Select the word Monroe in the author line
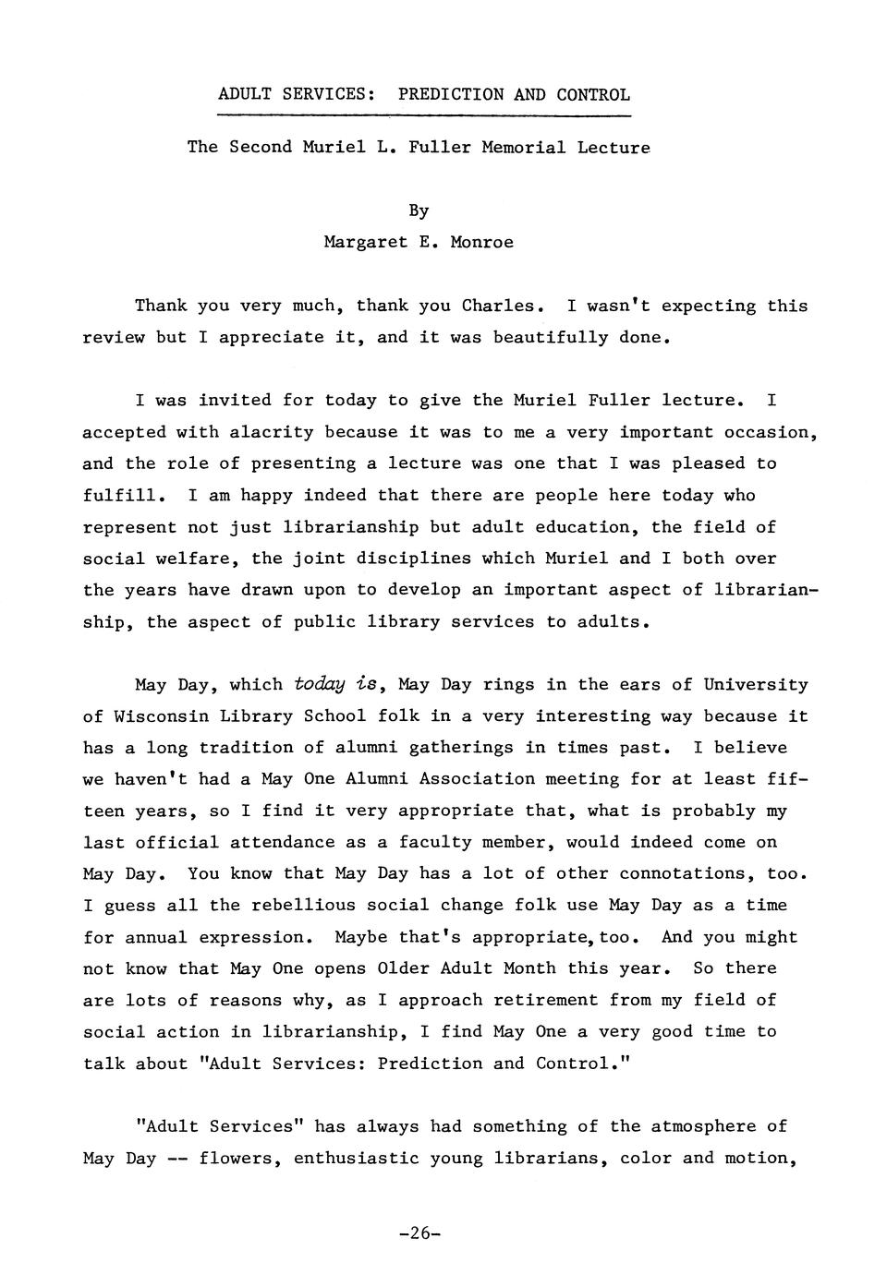tap(481, 242)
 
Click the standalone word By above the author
tap(419, 210)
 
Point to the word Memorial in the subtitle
tap(523, 147)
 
